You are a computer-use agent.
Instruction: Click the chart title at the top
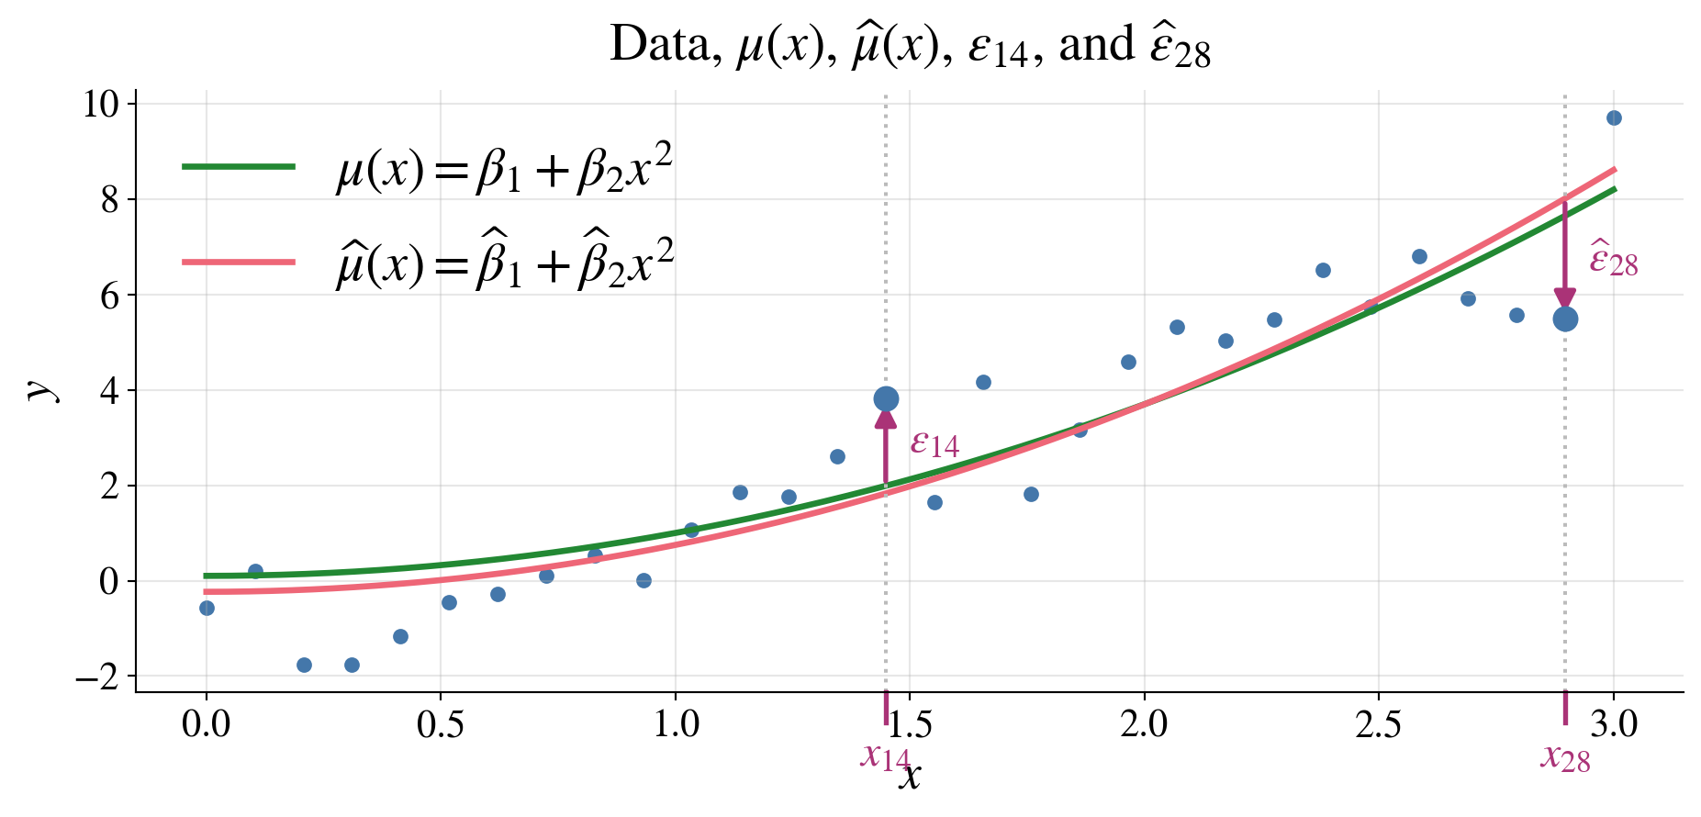(x=910, y=45)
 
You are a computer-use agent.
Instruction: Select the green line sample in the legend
(x=239, y=166)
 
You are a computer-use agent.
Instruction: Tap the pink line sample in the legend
(x=239, y=263)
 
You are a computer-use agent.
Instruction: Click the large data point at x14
(x=886, y=398)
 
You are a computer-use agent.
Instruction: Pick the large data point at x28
(x=1565, y=319)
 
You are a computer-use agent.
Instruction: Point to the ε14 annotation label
(x=934, y=444)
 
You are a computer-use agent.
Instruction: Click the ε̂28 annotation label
(x=1613, y=260)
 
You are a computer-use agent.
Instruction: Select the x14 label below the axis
(x=885, y=756)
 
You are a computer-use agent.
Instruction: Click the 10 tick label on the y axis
(x=101, y=104)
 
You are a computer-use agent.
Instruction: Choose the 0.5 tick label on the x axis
(x=441, y=725)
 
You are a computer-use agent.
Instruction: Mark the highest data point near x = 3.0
(x=1614, y=118)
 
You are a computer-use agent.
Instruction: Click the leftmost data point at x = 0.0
(x=207, y=608)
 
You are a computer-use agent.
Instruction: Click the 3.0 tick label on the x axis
(x=1614, y=725)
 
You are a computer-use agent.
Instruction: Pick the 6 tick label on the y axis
(x=109, y=296)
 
